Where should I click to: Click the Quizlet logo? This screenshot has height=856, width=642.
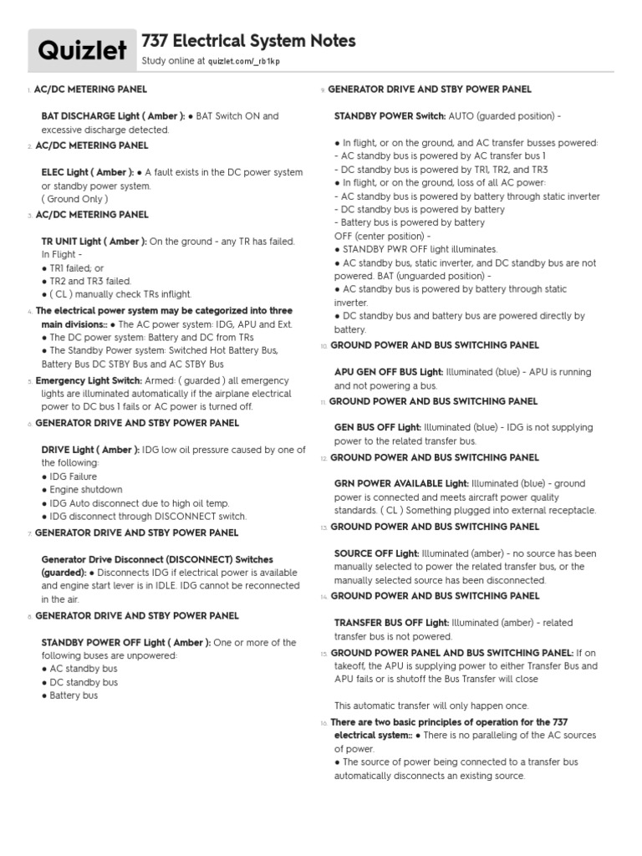82,52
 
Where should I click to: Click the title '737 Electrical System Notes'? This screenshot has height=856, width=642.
249,41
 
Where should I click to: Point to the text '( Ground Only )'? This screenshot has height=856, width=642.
74,199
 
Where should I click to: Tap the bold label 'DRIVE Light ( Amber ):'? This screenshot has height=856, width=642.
90,450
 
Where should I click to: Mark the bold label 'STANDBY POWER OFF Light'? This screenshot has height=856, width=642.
103,642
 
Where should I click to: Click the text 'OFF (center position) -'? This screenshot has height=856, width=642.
382,237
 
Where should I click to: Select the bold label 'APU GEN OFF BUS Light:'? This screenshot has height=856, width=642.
389,372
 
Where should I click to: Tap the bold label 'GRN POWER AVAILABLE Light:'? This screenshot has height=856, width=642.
401,483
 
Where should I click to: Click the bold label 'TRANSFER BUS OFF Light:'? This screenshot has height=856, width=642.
391,623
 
